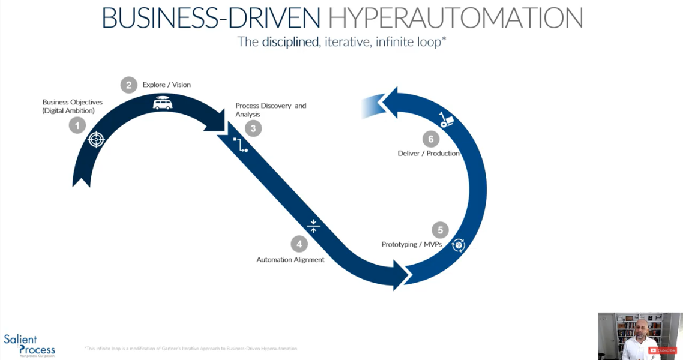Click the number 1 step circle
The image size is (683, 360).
[x=77, y=125]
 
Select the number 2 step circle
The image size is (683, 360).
[x=128, y=85]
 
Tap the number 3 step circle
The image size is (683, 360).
[x=253, y=128]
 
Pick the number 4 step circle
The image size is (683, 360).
[x=299, y=244]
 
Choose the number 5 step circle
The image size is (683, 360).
[x=440, y=230]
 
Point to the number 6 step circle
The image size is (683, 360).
[x=430, y=139]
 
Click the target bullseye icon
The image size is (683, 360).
[x=96, y=140]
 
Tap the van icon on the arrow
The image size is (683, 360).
[x=162, y=103]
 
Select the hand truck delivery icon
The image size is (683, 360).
[x=447, y=120]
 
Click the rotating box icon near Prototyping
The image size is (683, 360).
[x=459, y=245]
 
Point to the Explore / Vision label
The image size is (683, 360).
[x=166, y=85]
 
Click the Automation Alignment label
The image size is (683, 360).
[x=290, y=260]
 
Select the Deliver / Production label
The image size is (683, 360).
[x=429, y=154]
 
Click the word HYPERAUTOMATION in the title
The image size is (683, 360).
[x=456, y=18]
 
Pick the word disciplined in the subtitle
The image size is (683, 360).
[x=290, y=42]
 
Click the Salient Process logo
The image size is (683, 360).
[x=29, y=345]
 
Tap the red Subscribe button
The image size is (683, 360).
[x=663, y=350]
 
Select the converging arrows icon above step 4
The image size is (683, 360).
[x=313, y=226]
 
